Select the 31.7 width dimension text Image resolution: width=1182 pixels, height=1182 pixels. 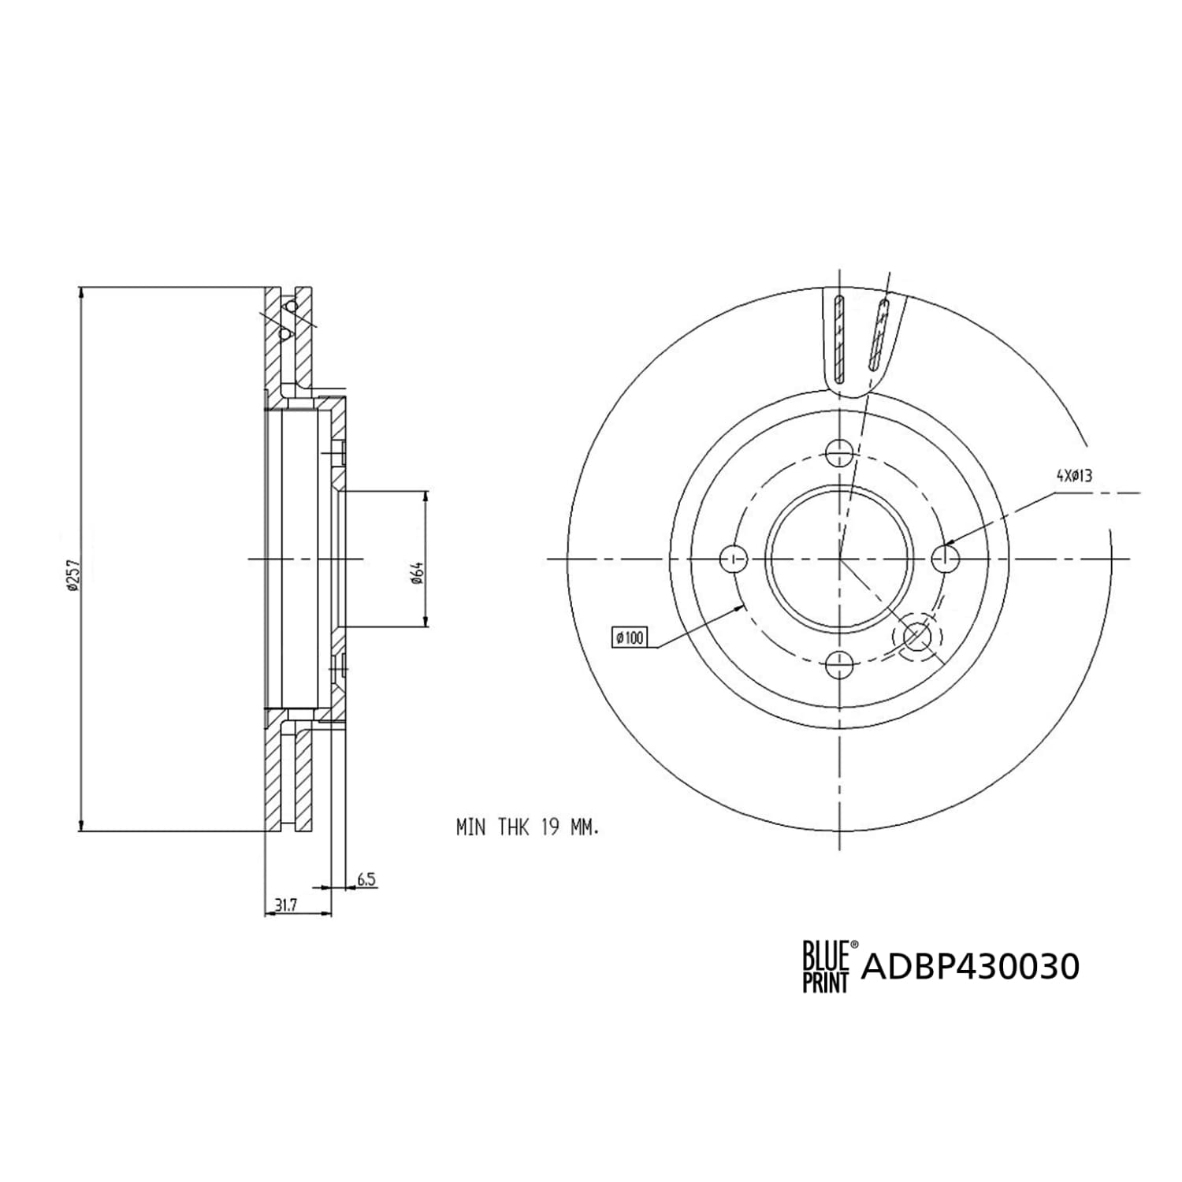tap(285, 906)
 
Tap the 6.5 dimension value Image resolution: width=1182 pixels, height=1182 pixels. tap(366, 879)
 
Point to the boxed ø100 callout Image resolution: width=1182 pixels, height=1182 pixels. tap(630, 637)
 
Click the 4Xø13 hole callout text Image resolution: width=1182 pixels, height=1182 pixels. tap(1074, 475)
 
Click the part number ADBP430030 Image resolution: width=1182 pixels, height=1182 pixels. tap(971, 966)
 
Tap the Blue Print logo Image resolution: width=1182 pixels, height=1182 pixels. tap(827, 966)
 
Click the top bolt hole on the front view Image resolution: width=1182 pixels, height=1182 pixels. tap(840, 452)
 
